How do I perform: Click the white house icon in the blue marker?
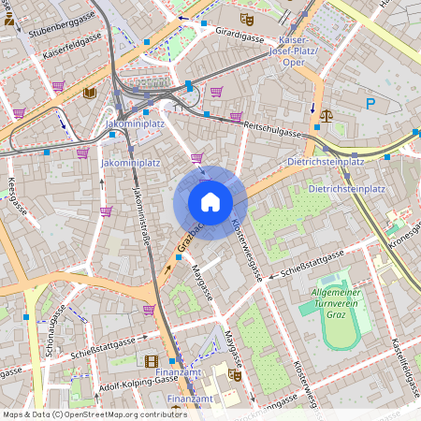pos(210,201)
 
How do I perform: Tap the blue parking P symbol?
pos(370,104)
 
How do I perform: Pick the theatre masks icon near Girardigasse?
pos(246,18)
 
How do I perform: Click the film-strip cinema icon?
pos(151,360)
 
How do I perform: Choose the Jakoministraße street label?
pos(142,220)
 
